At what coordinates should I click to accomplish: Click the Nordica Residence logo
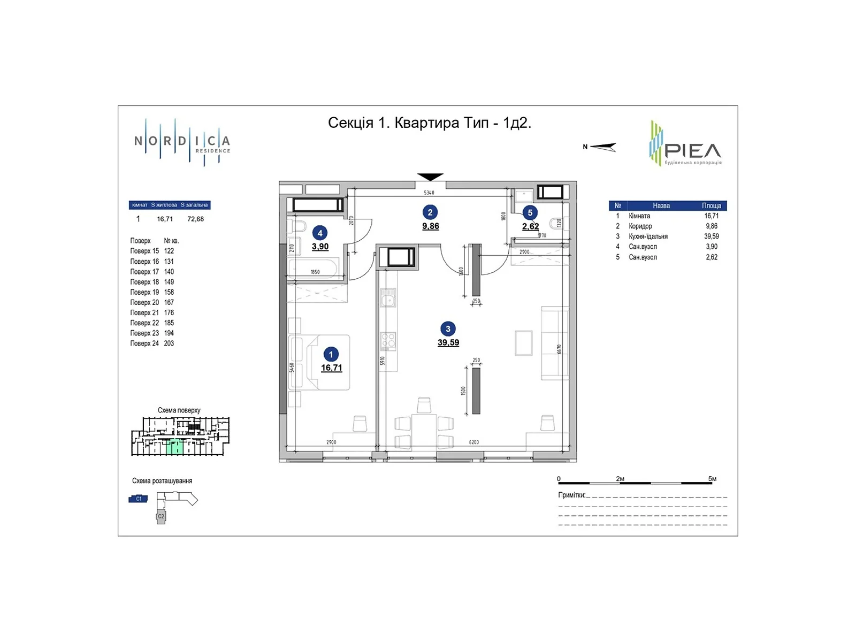coord(182,142)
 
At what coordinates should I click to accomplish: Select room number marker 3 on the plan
coord(448,329)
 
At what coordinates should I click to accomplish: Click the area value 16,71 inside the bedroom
coord(331,368)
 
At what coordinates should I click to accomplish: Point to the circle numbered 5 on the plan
coord(530,213)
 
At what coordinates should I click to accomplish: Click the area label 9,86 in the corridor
coord(430,226)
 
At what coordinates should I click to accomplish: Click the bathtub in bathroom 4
coord(314,269)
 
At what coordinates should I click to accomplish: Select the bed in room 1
coord(320,362)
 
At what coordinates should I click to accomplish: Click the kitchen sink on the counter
coord(388,297)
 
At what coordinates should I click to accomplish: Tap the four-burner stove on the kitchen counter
coord(388,340)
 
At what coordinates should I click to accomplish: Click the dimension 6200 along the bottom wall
coord(473,442)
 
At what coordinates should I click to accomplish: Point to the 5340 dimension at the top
coord(429,193)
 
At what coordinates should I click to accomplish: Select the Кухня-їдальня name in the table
coord(648,236)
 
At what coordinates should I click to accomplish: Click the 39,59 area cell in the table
coord(711,236)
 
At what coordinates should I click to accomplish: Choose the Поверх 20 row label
coord(144,302)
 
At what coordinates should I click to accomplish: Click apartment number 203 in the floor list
coord(169,343)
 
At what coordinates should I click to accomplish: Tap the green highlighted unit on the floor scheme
coord(175,447)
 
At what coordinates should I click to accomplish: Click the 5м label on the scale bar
coord(712,479)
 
